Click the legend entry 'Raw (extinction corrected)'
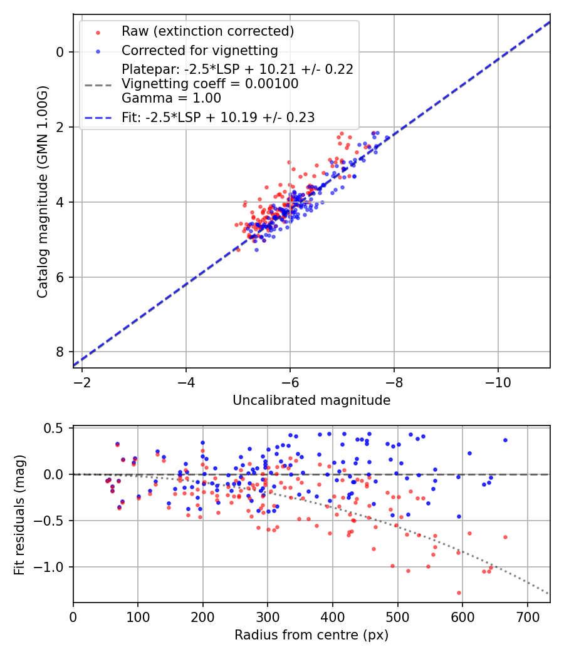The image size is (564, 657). click(207, 31)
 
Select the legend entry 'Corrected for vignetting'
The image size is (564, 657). click(199, 50)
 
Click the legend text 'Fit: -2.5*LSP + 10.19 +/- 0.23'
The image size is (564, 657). click(218, 117)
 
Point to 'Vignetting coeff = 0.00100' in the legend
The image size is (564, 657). click(210, 84)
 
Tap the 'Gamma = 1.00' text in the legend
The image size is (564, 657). click(171, 98)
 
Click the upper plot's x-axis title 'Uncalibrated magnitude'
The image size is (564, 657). click(311, 400)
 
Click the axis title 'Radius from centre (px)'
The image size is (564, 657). click(311, 635)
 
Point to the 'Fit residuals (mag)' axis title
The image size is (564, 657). click(19, 514)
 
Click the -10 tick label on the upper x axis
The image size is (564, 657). click(498, 382)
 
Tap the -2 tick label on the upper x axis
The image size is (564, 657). click(81, 382)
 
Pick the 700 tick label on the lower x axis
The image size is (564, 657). click(527, 616)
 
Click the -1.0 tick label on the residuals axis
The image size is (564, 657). click(53, 567)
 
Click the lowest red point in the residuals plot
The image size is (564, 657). click(459, 593)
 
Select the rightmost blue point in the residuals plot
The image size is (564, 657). click(505, 440)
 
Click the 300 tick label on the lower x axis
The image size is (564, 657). click(268, 616)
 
